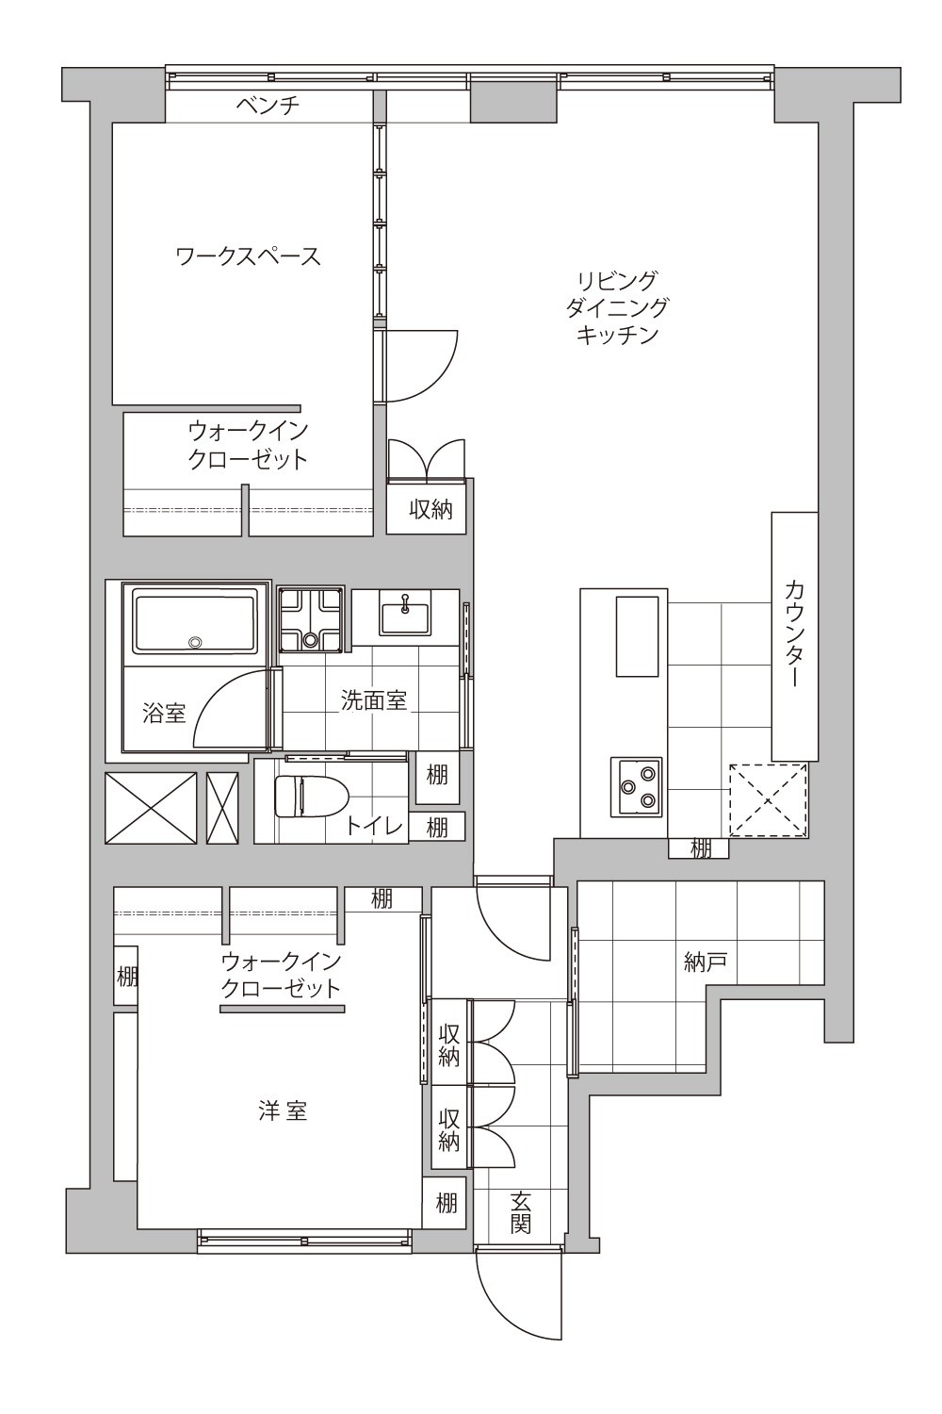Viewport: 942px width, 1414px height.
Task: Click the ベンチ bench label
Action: click(x=268, y=105)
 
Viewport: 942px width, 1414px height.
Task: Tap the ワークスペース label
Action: click(x=249, y=256)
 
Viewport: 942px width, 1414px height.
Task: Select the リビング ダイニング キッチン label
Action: click(x=616, y=307)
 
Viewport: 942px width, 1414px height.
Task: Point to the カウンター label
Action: click(x=794, y=634)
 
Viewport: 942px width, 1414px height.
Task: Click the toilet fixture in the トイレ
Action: click(x=312, y=797)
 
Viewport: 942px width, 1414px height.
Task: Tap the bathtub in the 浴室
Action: click(x=196, y=624)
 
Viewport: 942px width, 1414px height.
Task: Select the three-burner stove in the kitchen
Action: click(x=636, y=786)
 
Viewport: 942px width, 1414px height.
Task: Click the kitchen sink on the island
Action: click(x=637, y=636)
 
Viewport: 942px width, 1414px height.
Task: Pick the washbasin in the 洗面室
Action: click(x=404, y=614)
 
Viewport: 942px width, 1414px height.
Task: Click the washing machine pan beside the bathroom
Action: click(x=311, y=619)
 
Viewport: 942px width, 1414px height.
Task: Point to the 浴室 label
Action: click(x=164, y=714)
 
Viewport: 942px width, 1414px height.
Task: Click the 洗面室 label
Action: click(x=374, y=700)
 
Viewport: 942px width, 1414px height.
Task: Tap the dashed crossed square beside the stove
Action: click(x=769, y=800)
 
